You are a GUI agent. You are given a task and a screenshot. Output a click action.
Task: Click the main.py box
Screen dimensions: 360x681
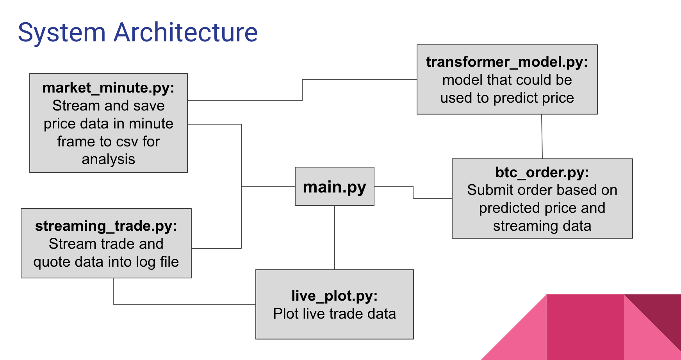334,187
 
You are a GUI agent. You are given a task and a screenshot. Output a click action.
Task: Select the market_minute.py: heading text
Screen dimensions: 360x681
108,88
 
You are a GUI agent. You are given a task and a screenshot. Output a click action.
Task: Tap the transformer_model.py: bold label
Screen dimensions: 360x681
507,62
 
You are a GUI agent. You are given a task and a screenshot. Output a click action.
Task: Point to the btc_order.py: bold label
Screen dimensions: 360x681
542,172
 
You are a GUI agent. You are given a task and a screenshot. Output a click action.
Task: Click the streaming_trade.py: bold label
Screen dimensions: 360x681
106,226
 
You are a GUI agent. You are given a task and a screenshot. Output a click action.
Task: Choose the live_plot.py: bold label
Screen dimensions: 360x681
334,296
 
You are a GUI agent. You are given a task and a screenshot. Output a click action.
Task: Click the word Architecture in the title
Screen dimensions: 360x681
185,32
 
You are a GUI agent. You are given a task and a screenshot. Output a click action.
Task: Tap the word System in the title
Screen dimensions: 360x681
62,32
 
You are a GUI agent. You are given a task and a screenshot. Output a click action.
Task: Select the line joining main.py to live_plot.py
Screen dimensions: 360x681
335,237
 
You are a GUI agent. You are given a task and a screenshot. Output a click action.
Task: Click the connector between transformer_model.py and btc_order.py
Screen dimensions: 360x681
542,137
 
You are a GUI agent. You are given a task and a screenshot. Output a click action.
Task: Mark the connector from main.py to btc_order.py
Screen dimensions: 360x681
413,192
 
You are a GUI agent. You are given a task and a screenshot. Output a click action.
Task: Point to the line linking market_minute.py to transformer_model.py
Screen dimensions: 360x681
302,90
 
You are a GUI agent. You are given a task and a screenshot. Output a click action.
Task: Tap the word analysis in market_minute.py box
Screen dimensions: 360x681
108,160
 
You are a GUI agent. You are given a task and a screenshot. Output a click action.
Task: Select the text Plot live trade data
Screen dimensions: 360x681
334,314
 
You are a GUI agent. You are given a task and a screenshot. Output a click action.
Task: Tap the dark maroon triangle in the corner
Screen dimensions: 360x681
660,312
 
